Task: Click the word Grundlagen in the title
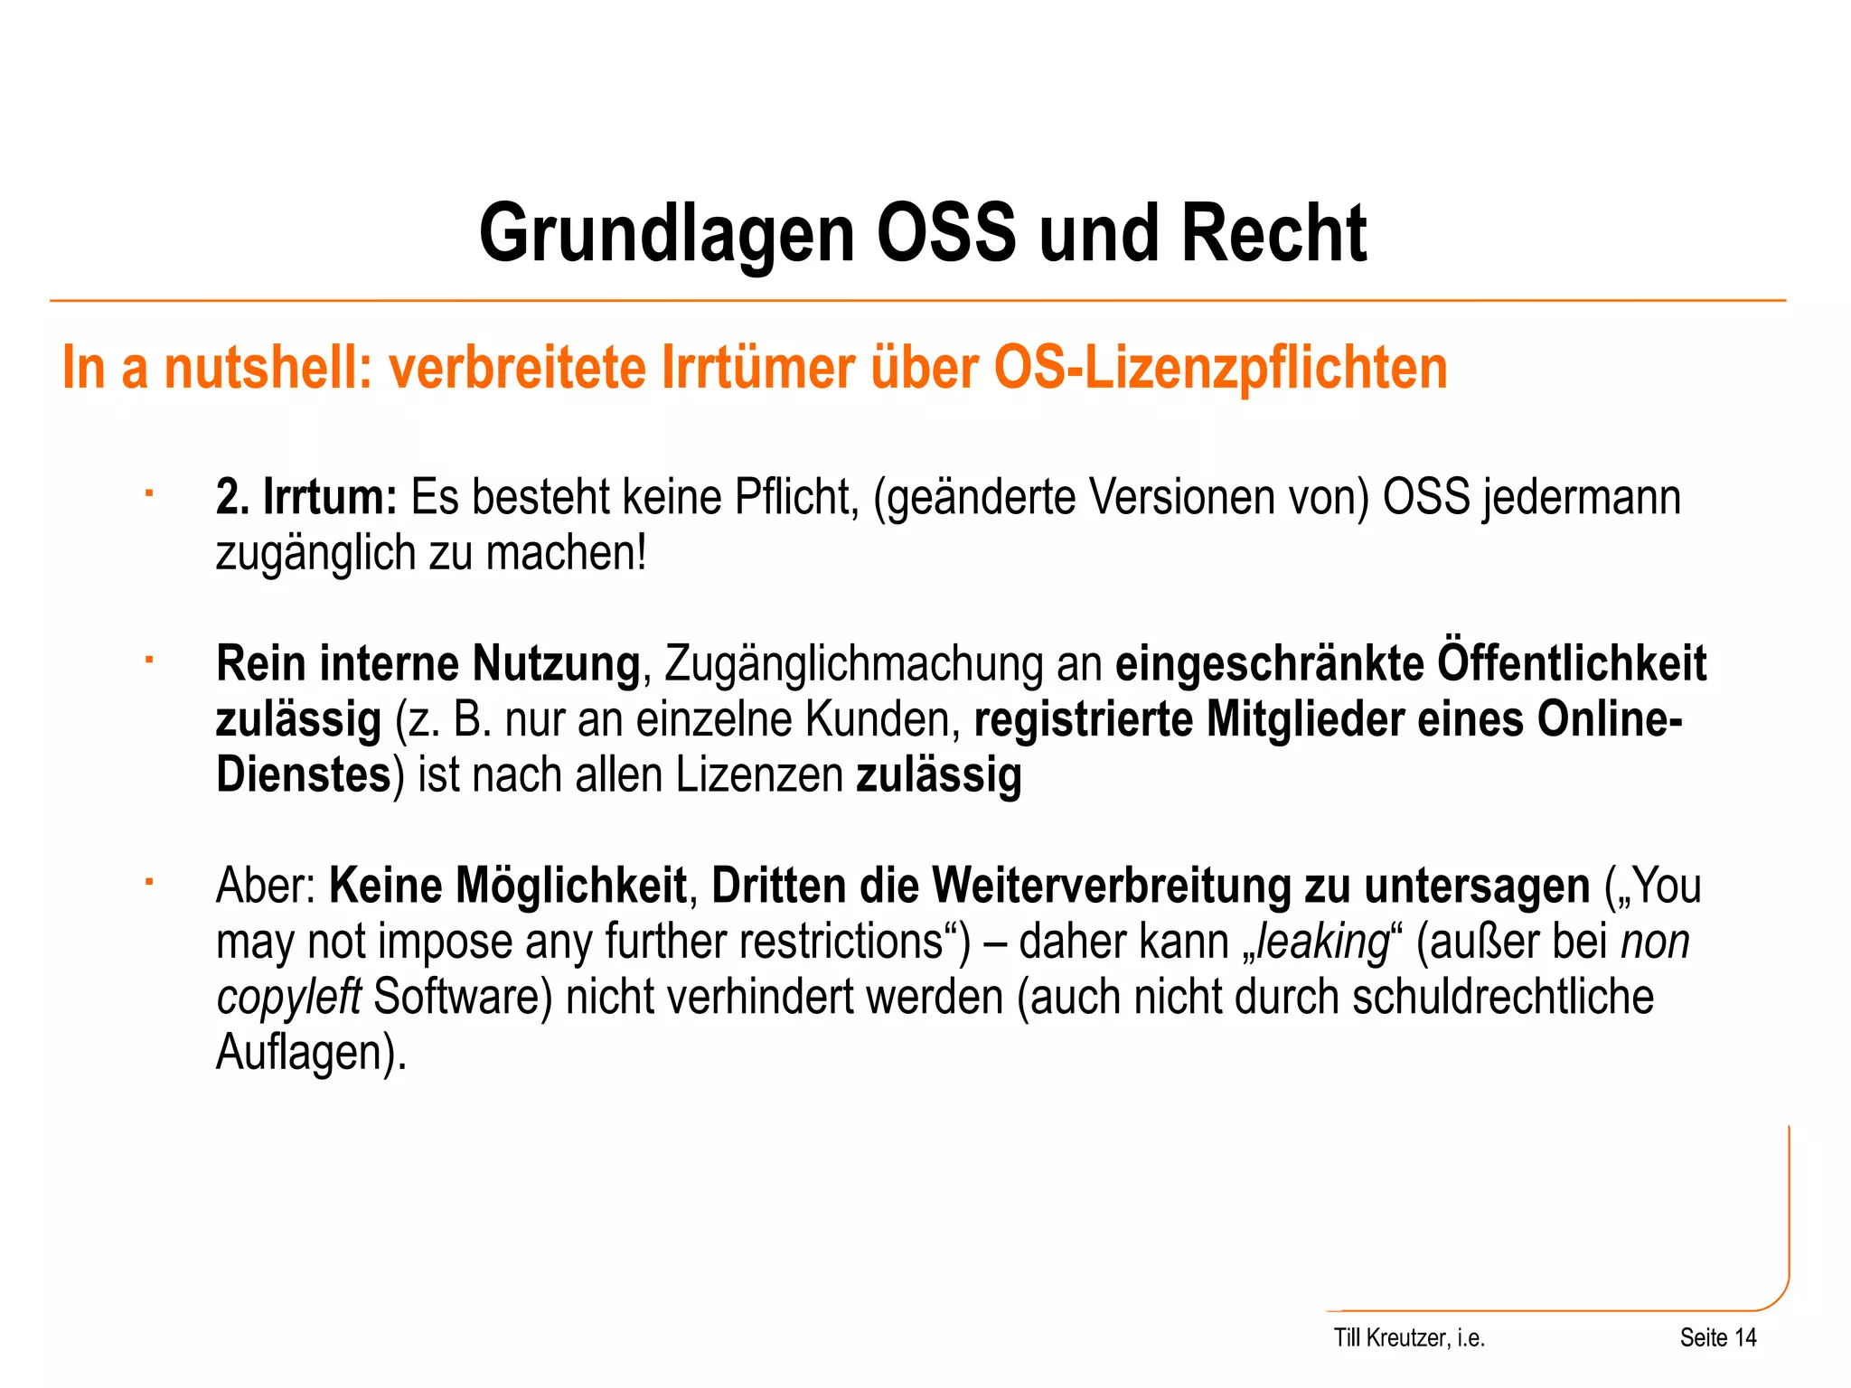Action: tap(666, 234)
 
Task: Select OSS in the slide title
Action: tap(945, 234)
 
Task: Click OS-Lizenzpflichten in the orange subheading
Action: tap(1220, 368)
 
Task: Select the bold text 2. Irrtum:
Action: tap(306, 498)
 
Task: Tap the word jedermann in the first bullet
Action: tap(1581, 498)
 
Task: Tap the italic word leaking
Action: tap(1321, 942)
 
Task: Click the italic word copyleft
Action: tap(288, 998)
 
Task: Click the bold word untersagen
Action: tap(1477, 886)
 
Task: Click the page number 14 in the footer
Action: tap(1745, 1338)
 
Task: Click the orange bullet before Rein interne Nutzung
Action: tap(149, 660)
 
